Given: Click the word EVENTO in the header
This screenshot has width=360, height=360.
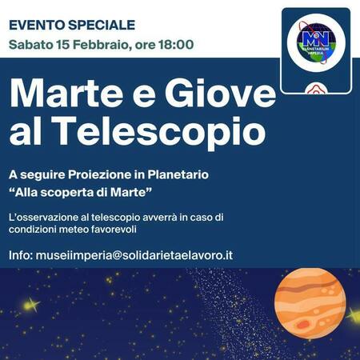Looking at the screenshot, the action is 37,25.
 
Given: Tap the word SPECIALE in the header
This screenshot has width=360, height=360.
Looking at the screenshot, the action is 102,25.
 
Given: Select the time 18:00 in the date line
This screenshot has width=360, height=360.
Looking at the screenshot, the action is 176,45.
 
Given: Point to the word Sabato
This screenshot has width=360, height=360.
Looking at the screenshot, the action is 31,45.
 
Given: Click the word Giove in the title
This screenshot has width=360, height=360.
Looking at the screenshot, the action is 220,93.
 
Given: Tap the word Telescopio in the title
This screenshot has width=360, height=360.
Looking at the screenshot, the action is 158,130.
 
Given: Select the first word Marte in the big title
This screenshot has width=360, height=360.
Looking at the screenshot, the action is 66,93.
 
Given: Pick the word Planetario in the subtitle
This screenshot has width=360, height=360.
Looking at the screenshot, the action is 178,174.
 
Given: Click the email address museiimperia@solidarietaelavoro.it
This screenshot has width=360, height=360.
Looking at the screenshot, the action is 134,255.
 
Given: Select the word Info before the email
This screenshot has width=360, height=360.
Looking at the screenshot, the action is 21,255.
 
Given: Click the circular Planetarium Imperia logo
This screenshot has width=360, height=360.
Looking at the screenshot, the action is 316,42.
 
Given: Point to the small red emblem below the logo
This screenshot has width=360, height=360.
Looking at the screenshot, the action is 316,88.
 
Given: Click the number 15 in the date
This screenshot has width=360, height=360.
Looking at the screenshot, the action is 62,45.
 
